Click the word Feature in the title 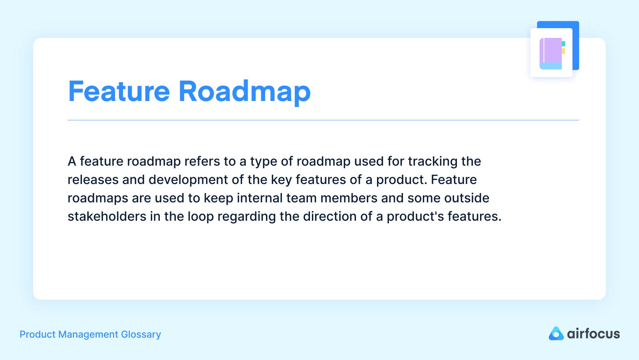[119, 92]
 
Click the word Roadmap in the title [244, 92]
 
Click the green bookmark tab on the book [564, 44]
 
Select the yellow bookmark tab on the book [564, 51]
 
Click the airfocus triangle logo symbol [556, 334]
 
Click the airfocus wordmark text [593, 334]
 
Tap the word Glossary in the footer [141, 334]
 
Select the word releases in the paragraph [93, 180]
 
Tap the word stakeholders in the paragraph [107, 216]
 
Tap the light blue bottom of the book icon [551, 66]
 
